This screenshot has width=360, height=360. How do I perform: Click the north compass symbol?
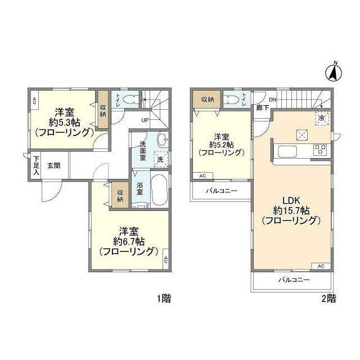334,72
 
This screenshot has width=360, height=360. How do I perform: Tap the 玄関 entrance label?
54,165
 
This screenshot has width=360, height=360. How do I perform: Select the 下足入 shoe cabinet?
35,165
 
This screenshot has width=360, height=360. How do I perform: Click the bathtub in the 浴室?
160,190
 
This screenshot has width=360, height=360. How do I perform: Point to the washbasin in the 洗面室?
163,139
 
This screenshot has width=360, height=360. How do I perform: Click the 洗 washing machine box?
161,159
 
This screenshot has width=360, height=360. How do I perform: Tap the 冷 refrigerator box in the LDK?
323,119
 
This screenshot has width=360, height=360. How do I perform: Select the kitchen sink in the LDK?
287,151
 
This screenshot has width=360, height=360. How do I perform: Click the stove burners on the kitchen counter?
321,149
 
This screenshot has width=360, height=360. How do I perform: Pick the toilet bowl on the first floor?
129,100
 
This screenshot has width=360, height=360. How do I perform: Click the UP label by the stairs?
145,120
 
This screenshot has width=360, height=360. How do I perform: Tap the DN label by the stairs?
272,100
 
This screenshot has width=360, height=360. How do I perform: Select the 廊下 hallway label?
263,107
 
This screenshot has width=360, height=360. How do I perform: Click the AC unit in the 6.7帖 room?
166,259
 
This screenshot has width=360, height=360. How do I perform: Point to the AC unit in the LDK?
321,266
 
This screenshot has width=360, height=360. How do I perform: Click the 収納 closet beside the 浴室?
120,196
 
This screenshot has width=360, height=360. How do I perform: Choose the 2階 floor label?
328,298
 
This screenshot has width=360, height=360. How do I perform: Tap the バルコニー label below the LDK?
294,280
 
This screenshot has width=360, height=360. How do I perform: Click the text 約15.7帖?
291,210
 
